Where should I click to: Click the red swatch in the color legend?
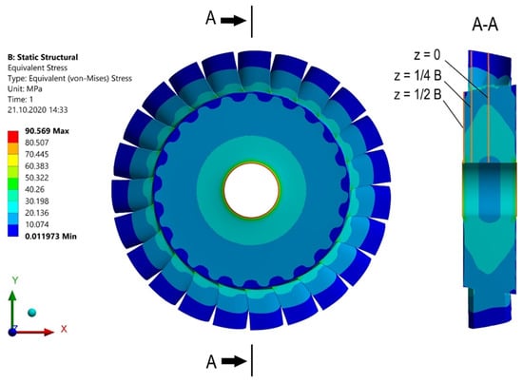coord(13,137)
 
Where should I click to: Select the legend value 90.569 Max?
coord(47,131)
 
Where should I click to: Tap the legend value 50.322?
coord(37,178)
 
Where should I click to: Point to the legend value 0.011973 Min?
coord(50,237)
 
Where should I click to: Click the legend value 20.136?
coord(37,213)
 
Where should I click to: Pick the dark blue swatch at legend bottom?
coord(13,231)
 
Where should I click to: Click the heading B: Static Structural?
coord(43,57)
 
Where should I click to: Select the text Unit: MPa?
coord(25,89)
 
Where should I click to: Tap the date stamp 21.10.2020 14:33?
coord(37,110)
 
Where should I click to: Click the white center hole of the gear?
coord(251,190)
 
